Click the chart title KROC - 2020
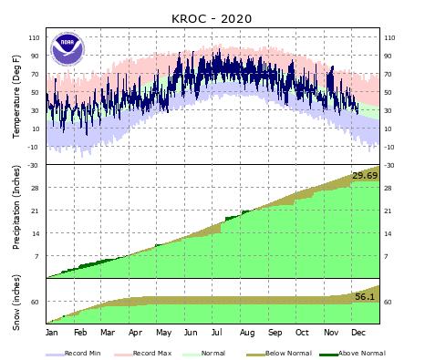click(212, 18)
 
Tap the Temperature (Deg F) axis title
click(17, 97)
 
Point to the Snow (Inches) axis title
click(17, 302)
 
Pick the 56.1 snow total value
click(365, 297)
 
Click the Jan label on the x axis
click(52, 334)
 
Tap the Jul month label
click(219, 334)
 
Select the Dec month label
click(358, 334)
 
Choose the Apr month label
click(136, 334)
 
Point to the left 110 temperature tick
click(35, 38)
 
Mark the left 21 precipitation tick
click(36, 211)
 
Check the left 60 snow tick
click(36, 303)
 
